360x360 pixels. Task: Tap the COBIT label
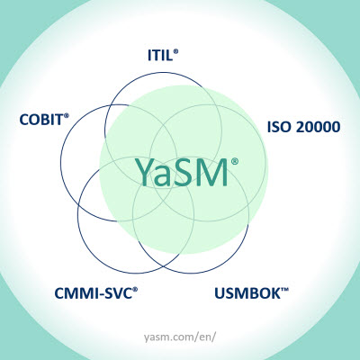pos(44,120)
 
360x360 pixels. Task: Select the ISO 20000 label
pos(303,127)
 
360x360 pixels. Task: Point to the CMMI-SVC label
pos(96,293)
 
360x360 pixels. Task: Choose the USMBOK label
pos(251,293)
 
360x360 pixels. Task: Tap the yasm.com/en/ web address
pos(180,337)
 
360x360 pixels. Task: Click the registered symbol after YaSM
pos(235,161)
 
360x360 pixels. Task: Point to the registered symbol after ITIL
pos(175,51)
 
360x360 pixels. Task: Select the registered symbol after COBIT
pos(67,115)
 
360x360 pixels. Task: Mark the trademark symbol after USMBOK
pos(284,290)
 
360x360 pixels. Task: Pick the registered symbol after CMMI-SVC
pos(135,289)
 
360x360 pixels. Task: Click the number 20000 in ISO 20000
pos(318,127)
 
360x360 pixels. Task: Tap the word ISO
pos(279,127)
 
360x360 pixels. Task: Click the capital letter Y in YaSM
pos(144,172)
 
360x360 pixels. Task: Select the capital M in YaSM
pos(211,172)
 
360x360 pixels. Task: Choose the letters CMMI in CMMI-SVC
pos(76,293)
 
